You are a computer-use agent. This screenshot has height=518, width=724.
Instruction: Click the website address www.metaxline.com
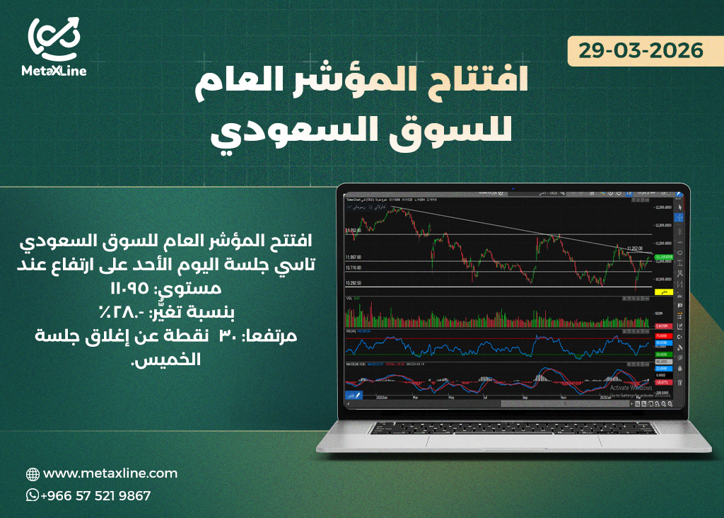click(x=110, y=473)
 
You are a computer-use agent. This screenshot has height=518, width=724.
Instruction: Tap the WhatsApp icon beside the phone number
click(x=32, y=495)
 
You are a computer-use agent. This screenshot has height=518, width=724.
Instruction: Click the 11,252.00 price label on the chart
click(x=635, y=248)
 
